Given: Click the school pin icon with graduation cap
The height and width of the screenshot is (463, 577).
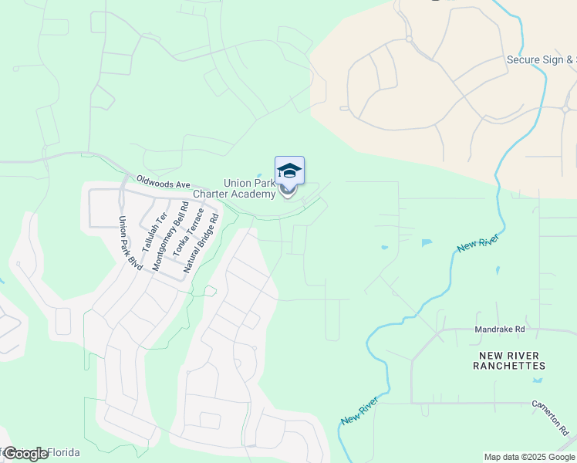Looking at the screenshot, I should point(289,171).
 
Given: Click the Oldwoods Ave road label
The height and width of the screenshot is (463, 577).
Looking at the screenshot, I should point(164,184).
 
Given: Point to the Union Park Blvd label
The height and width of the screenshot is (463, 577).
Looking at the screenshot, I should point(130,242).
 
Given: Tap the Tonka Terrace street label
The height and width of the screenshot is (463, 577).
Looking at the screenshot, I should point(188,232).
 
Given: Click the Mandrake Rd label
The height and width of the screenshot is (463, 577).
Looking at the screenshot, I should point(500,329).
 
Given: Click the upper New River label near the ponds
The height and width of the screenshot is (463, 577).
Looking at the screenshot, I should point(478,242).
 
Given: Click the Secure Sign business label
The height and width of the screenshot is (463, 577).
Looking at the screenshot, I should point(541,59).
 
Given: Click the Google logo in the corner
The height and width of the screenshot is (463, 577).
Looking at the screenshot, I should point(25,454).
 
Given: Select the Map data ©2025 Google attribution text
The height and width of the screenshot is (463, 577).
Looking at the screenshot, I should point(529,457).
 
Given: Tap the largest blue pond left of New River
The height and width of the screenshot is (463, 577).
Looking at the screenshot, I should point(427,243).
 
